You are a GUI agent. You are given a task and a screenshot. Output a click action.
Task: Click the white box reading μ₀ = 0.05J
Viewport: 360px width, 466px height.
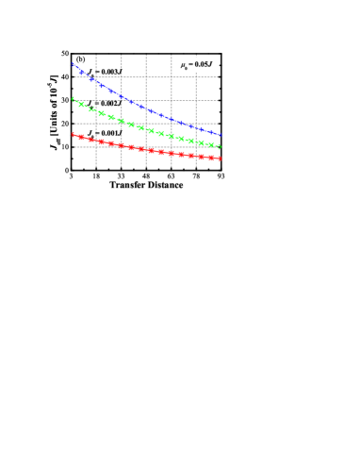(196, 65)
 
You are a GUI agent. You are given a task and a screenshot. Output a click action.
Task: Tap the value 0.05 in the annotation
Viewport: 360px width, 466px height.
(198, 64)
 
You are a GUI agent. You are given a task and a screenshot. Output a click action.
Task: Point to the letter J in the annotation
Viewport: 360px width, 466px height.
(210, 64)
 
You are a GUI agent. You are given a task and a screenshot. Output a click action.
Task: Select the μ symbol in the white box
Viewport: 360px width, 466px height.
(183, 65)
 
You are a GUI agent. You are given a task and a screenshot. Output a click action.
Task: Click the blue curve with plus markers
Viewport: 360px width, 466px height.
(141, 106)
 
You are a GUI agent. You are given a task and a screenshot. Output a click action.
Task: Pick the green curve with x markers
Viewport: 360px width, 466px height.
(141, 127)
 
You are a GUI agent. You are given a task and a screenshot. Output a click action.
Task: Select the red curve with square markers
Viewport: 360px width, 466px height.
(141, 149)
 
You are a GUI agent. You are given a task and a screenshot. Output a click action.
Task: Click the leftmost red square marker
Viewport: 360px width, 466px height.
(81, 138)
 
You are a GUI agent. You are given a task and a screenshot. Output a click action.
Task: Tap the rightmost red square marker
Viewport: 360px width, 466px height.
(211, 158)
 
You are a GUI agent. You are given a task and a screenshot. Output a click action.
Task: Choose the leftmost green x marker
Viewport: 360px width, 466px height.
(82, 105)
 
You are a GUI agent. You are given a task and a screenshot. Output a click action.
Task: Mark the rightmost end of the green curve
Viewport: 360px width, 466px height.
(220, 146)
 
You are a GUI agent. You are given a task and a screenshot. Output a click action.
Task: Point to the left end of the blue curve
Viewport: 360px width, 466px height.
(73, 64)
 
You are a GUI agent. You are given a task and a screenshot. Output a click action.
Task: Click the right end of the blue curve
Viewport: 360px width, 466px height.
(221, 135)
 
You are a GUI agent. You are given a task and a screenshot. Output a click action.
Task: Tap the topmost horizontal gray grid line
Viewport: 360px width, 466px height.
(146, 77)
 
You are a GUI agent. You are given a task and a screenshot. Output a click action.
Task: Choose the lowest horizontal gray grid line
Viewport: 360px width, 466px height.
(146, 146)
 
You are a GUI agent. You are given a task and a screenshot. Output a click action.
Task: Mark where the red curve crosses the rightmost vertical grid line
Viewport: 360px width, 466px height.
(195, 156)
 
